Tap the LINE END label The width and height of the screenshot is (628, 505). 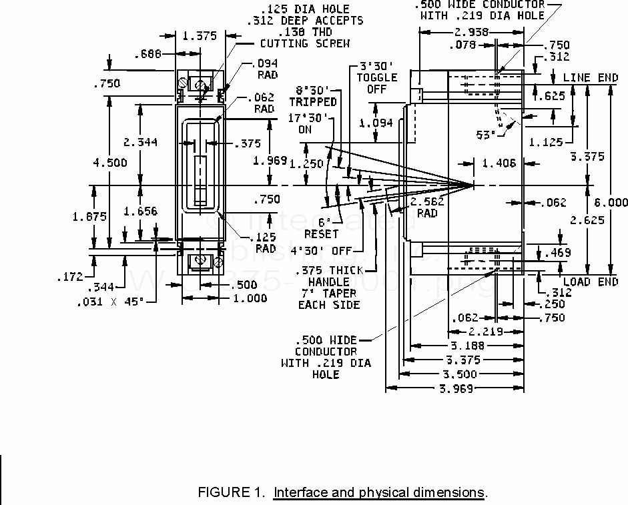(591, 78)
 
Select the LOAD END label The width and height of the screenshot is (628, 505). (591, 282)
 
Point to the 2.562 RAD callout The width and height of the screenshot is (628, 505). (427, 207)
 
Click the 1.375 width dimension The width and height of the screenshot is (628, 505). (200, 37)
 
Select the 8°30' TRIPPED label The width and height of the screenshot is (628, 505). (313, 96)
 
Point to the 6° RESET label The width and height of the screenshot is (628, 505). (321, 228)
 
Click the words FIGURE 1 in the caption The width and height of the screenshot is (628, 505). (231, 493)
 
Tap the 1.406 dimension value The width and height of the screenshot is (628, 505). (498, 163)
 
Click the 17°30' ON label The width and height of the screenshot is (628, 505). (304, 124)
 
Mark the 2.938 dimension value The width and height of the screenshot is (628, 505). (470, 32)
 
